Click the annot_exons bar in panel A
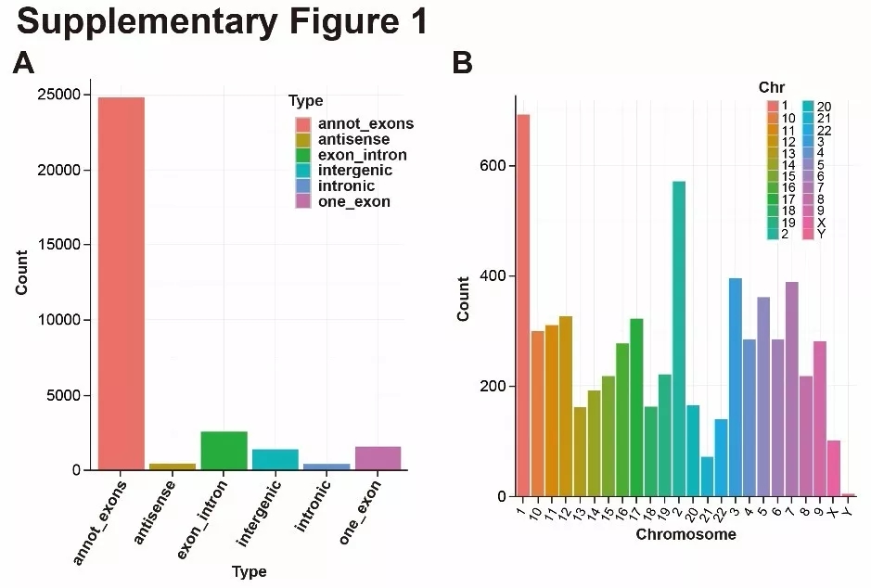(121, 283)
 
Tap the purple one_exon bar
(378, 458)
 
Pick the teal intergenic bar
(275, 460)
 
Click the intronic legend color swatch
(302, 186)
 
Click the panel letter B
(462, 63)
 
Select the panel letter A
(24, 63)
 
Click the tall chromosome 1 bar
(523, 305)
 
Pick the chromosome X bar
(833, 468)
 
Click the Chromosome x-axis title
(685, 534)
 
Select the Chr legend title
(772, 87)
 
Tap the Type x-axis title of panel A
(249, 571)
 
